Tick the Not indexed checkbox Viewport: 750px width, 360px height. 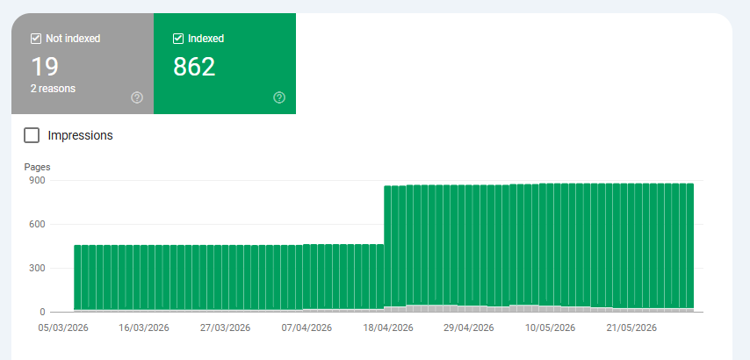(36, 39)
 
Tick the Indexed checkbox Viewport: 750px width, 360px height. (178, 39)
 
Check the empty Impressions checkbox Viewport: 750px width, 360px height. (32, 135)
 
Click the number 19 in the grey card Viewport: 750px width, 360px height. (45, 67)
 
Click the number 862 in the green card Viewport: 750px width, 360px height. (194, 67)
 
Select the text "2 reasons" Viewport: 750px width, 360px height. (53, 89)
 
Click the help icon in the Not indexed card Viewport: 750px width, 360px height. (137, 97)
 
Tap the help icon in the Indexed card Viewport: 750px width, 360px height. (279, 97)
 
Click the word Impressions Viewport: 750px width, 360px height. (81, 135)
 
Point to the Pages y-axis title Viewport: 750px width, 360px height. (37, 167)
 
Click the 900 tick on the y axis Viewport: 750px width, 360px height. (36, 180)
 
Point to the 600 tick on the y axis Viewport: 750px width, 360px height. (36, 224)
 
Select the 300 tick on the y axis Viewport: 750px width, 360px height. (36, 268)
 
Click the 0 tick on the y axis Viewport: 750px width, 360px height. (42, 313)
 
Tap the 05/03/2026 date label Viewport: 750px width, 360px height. (63, 328)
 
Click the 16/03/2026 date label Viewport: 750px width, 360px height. (144, 328)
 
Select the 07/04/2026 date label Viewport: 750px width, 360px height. (306, 328)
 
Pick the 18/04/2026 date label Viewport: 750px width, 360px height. (388, 328)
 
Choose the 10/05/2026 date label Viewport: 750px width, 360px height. (550, 328)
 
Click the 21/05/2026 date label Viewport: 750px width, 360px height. (631, 328)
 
